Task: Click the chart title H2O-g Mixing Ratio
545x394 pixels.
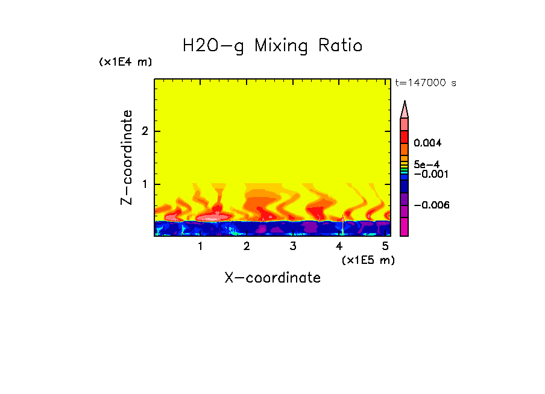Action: [x=272, y=46]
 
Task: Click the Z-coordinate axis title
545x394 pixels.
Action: [x=127, y=157]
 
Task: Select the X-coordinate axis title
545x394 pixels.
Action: [x=272, y=278]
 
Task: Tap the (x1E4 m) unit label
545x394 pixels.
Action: [x=125, y=62]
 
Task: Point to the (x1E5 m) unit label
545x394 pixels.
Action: [x=368, y=260]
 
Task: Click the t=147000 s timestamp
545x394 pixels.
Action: [x=425, y=83]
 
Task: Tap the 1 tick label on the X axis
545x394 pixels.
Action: [x=200, y=246]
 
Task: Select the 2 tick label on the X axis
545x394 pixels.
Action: [x=247, y=246]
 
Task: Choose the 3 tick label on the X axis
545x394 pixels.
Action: [x=293, y=246]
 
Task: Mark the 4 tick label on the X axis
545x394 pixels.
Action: [x=339, y=246]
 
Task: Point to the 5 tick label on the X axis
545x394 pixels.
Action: [x=385, y=246]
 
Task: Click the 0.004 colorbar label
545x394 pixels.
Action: [x=428, y=143]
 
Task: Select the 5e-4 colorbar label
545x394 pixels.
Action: [x=426, y=164]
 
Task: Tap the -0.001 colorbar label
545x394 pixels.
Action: [x=428, y=174]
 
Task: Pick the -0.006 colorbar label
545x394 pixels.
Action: [x=432, y=205]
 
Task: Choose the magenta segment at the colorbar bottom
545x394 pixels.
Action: [x=405, y=227]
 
